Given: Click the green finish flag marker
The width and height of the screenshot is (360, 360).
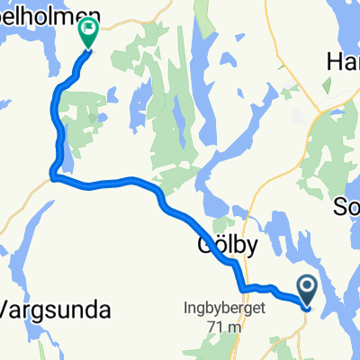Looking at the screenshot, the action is pyautogui.click(x=89, y=33).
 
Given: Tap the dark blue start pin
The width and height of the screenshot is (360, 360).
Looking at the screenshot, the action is pyautogui.click(x=307, y=291).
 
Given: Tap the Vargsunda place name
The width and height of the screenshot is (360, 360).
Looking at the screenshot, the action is pyautogui.click(x=56, y=311).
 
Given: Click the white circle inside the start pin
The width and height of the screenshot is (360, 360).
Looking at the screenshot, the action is pyautogui.click(x=307, y=287).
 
